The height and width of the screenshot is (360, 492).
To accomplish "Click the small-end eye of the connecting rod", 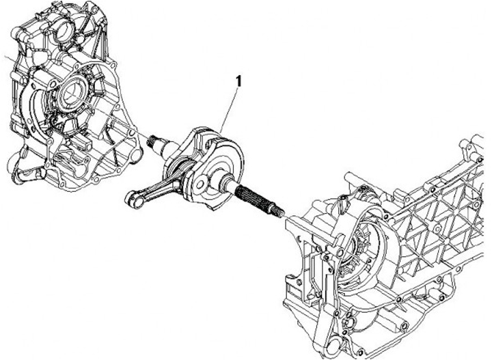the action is [x=132, y=200].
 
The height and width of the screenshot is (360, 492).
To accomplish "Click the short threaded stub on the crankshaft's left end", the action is [x=152, y=142].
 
